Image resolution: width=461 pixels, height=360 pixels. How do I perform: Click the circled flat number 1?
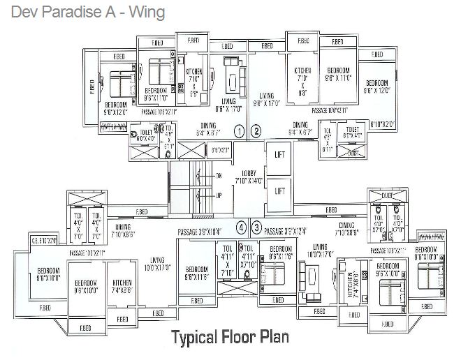(x=239, y=130)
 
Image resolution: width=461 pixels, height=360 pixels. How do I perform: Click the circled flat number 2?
(x=256, y=130)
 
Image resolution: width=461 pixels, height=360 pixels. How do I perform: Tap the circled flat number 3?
(x=256, y=227)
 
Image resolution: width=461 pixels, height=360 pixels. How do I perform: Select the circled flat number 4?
(x=240, y=227)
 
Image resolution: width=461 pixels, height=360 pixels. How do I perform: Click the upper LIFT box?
(x=279, y=154)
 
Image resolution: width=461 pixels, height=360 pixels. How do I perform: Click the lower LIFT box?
(x=279, y=190)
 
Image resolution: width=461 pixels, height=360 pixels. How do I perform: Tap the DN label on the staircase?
(x=218, y=175)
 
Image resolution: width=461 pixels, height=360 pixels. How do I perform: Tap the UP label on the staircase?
(x=218, y=196)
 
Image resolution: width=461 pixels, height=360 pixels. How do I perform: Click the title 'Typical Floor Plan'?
(x=230, y=338)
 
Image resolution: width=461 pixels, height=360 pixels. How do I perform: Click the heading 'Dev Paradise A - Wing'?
(x=83, y=13)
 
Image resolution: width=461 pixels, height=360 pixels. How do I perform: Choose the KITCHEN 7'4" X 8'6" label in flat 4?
(x=122, y=286)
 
